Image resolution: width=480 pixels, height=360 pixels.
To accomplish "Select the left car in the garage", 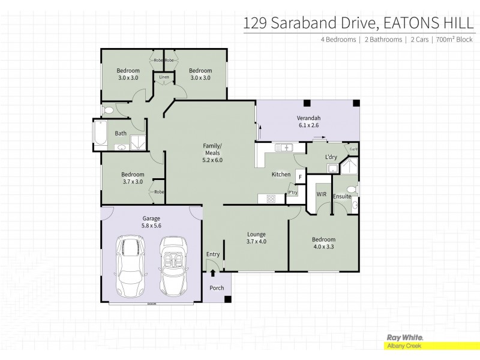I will click(129, 266).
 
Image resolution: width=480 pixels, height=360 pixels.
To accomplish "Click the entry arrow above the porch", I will click(213, 273).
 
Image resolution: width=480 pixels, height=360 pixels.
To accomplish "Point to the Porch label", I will click(217, 288).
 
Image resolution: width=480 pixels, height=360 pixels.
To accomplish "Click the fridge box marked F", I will click(301, 177).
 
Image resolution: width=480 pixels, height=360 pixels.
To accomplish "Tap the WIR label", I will click(320, 195).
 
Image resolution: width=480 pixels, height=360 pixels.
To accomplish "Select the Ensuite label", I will click(342, 196).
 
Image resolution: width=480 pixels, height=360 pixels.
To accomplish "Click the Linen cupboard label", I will click(164, 77).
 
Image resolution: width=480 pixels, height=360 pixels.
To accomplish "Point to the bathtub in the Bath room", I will click(100, 133).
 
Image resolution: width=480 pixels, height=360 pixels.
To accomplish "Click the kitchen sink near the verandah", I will click(283, 147).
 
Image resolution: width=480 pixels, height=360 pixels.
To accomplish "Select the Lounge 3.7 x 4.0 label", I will click(256, 238).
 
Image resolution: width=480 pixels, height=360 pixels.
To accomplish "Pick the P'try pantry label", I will click(292, 193).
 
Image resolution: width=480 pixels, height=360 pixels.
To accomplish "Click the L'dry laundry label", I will click(331, 157).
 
